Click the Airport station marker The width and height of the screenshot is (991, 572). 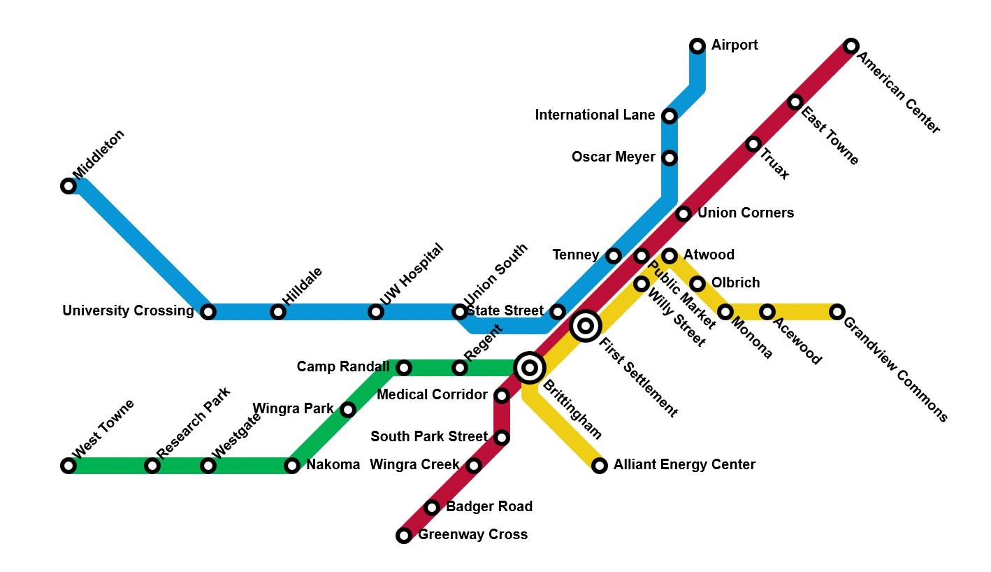click(x=697, y=46)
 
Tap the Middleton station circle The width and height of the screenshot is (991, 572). click(x=68, y=186)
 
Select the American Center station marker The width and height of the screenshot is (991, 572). click(x=851, y=46)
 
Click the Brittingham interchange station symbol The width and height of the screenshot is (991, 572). click(x=530, y=367)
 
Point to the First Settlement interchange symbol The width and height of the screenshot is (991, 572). click(x=586, y=326)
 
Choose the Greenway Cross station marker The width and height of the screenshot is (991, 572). click(x=404, y=536)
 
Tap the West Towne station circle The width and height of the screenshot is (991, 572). click(x=68, y=466)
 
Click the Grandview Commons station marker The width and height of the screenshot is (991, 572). click(x=837, y=312)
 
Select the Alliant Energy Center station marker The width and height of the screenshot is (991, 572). click(x=599, y=466)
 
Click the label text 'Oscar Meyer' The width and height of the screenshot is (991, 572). click(x=613, y=157)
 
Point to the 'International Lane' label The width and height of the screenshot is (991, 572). click(x=595, y=115)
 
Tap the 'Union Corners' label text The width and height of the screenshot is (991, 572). click(x=745, y=213)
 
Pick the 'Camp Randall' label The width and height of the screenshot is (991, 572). click(x=343, y=366)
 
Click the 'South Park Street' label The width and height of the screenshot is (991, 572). click(x=428, y=436)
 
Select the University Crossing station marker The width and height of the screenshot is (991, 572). click(x=208, y=312)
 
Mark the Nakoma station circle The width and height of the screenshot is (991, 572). click(x=292, y=466)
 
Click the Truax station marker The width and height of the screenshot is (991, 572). click(x=753, y=144)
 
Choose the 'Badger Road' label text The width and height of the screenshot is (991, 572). click(x=489, y=506)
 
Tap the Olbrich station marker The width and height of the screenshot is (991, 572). click(x=697, y=284)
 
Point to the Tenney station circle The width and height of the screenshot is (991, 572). click(x=613, y=256)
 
